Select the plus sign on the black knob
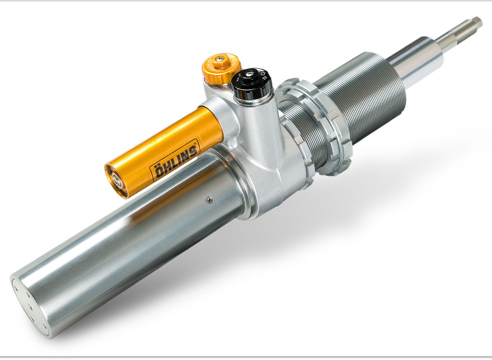[265, 78]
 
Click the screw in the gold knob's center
[219, 58]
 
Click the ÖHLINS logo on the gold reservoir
[175, 161]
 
